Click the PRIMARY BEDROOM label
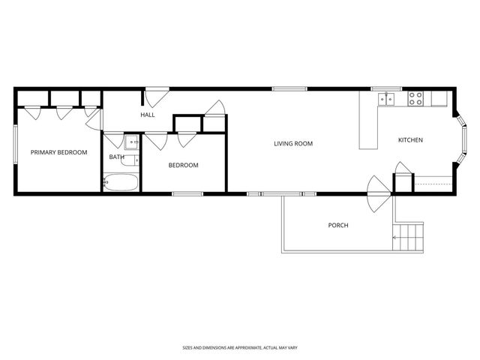(58, 152)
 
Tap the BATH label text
(116, 157)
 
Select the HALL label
(147, 115)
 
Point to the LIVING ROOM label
(292, 143)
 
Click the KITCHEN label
(410, 140)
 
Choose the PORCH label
(338, 225)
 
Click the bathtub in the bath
(121, 182)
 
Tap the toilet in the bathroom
(130, 160)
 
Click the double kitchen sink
(388, 98)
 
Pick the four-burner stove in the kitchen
(415, 98)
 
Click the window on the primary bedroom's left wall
(14, 151)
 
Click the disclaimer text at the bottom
(239, 347)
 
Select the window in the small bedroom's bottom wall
(187, 194)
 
